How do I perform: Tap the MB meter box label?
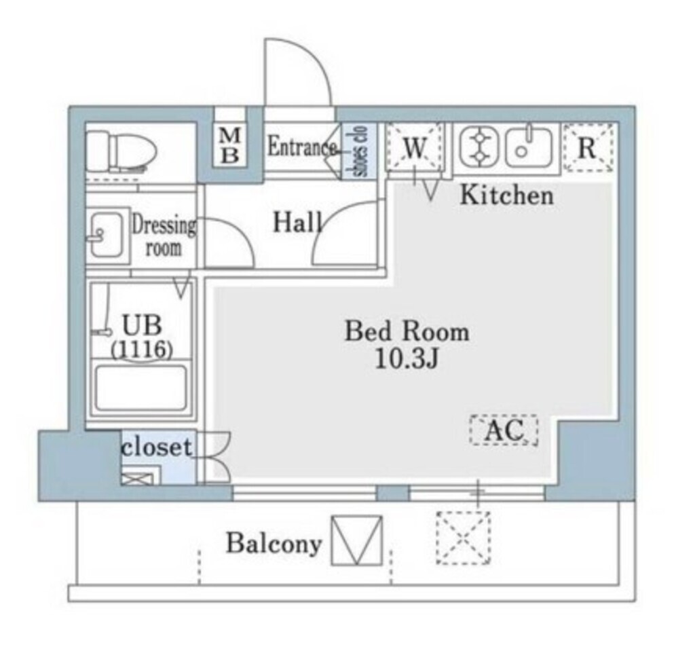231,146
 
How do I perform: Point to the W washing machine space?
414,147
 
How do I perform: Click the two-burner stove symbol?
479,147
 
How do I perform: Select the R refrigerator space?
588,147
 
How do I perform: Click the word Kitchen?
506,196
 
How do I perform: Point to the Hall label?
297,222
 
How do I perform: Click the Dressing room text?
164,236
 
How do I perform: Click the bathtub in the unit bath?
140,388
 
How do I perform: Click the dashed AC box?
504,430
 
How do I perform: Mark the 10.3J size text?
406,359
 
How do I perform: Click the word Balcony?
274,543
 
